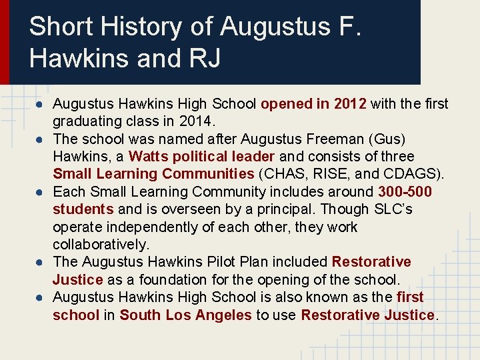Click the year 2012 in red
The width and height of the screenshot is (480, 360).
[x=350, y=104]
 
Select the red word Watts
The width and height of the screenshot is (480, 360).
[x=148, y=157]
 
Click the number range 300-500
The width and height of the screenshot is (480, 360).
[x=404, y=192]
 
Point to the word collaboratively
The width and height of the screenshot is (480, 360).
[x=101, y=245]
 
